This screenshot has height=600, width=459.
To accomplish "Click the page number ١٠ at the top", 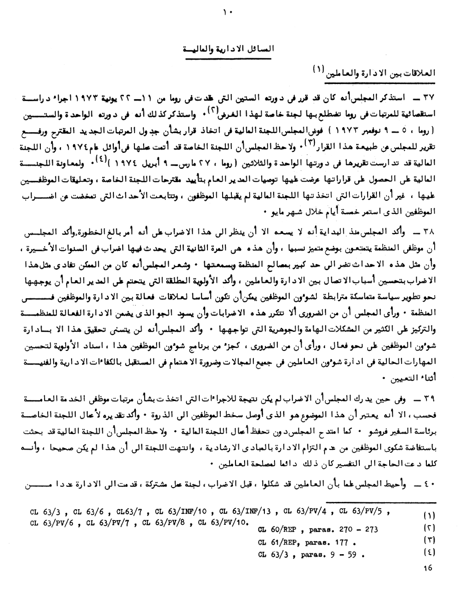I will pyautogui.click(x=229, y=12).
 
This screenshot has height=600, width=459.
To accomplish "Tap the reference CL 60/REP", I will pyautogui.click(x=277, y=530).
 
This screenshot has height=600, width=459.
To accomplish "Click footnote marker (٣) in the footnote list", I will pyautogui.click(x=430, y=539).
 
